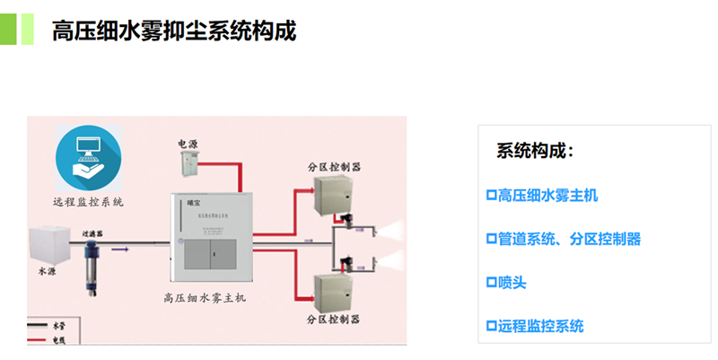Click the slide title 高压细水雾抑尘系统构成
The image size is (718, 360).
point(174,31)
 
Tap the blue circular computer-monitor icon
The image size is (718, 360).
point(88,159)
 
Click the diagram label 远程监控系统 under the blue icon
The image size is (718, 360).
point(88,202)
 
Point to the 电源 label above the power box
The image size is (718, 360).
point(188,144)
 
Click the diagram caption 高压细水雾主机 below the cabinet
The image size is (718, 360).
point(210,297)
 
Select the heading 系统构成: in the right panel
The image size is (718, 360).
point(535,151)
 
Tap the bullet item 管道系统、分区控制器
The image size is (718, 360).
point(563,239)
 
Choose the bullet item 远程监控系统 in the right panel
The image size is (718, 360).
point(534,326)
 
